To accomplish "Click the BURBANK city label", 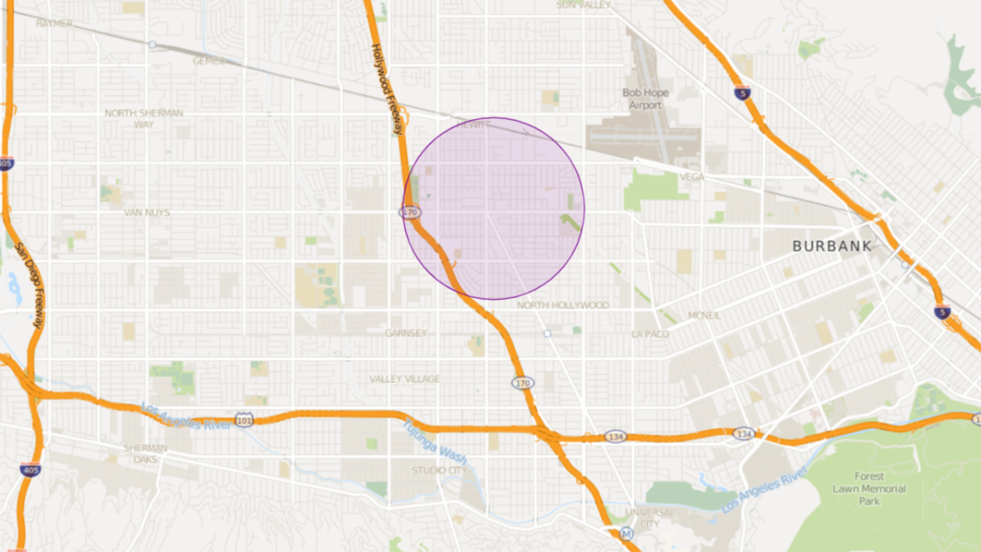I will click(x=831, y=245).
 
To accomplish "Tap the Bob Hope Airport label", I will click(x=645, y=99).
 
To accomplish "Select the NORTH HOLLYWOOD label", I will click(x=563, y=305).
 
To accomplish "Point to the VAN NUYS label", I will click(x=147, y=213).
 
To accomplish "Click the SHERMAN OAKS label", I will click(x=146, y=454).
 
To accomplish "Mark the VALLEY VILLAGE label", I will click(x=405, y=379).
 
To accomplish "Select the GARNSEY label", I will click(x=406, y=333).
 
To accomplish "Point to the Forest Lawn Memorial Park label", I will click(x=869, y=489).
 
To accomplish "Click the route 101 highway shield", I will click(x=244, y=420).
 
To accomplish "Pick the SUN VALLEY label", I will click(x=584, y=5).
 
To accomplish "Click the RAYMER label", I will click(x=54, y=23).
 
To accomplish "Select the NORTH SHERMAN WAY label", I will click(x=144, y=119).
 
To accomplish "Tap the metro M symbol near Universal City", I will click(x=627, y=534).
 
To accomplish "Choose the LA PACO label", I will click(x=650, y=334).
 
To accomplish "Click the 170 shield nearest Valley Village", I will click(x=523, y=383).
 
